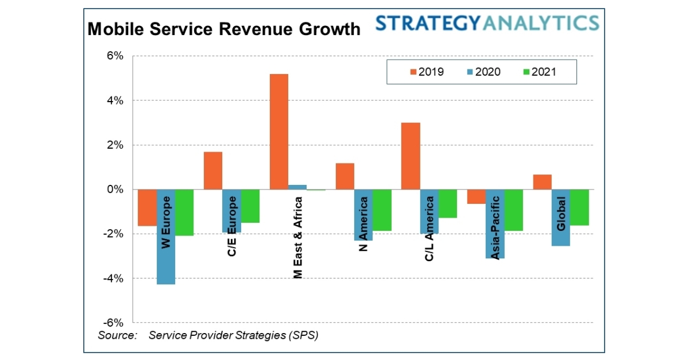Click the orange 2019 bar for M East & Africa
pyautogui.click(x=279, y=131)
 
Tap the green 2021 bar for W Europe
pyautogui.click(x=184, y=212)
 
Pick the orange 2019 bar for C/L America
pyautogui.click(x=411, y=156)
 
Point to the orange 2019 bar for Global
pyautogui.click(x=542, y=182)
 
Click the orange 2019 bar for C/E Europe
pyautogui.click(x=213, y=171)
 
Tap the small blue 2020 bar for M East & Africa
pyautogui.click(x=297, y=187)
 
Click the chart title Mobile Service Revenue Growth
pyautogui.click(x=224, y=29)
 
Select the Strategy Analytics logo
pyautogui.click(x=487, y=24)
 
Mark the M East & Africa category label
pyautogui.click(x=297, y=235)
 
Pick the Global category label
pyautogui.click(x=561, y=214)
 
